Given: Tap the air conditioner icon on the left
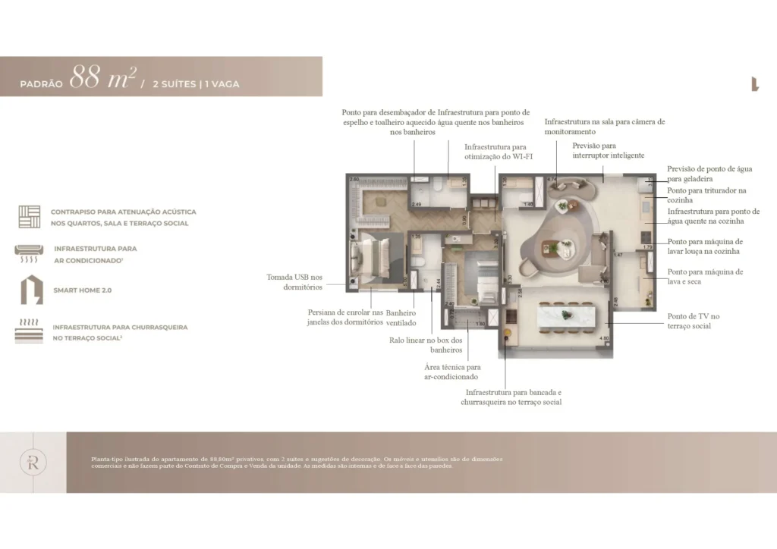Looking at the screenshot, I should coord(30,253).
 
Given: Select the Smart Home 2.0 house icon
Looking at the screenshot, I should coord(30,290).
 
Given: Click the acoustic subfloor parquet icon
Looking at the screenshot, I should coord(30,216).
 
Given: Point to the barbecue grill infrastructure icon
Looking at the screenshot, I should coord(30,331).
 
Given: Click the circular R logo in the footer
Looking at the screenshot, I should coord(33,462).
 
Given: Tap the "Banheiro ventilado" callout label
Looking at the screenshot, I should coord(401,318).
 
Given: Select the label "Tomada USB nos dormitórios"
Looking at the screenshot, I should coord(294,282).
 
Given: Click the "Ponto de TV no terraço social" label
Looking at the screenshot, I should coord(694,321).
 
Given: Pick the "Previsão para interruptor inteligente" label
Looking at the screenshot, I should coord(609,150).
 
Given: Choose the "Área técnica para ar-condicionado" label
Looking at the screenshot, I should coord(451,372).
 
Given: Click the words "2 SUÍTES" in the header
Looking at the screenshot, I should coord(173,84).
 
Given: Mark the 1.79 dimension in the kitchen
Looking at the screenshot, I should coord(647,247).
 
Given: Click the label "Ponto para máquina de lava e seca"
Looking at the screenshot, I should coord(705,276).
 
